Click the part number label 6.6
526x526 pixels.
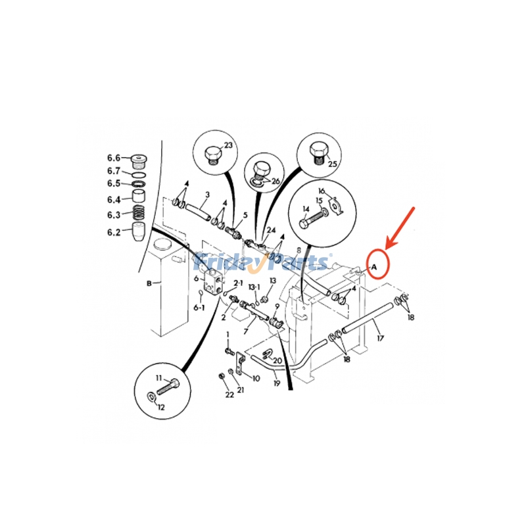click(113, 158)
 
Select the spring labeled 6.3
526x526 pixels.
click(139, 213)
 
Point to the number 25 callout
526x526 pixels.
click(332, 164)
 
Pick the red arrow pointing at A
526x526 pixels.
click(400, 228)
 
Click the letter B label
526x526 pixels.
click(149, 283)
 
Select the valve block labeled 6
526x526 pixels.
click(212, 281)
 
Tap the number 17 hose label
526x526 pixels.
click(380, 338)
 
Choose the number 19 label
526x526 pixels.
click(276, 383)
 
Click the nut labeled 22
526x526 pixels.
click(221, 375)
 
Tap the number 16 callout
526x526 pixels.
click(322, 191)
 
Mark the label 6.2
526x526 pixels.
click(114, 232)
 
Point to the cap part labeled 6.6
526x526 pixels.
click(139, 161)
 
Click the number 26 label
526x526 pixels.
click(275, 181)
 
